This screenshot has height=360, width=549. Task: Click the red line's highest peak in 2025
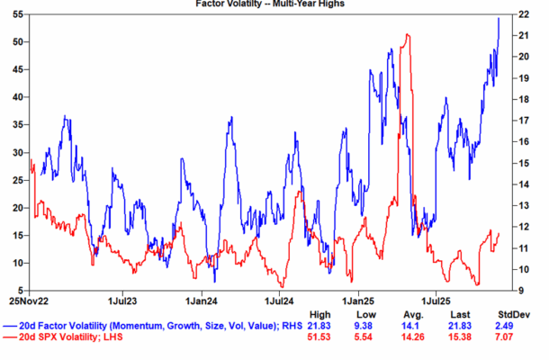pos(409,35)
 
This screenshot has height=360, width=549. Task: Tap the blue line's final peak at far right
pos(499,18)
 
